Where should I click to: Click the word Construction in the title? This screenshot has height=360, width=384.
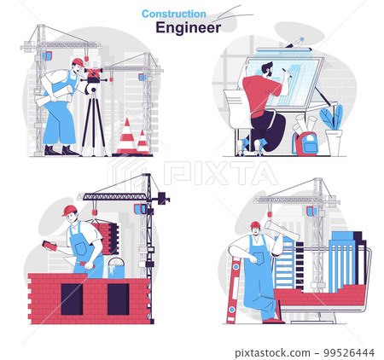[x=174, y=14]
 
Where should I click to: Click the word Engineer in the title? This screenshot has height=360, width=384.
[x=188, y=28]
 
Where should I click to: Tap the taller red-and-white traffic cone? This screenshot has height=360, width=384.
[x=127, y=136]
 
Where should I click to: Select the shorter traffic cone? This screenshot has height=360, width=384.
[x=143, y=142]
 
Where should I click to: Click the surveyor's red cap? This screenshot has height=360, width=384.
[x=79, y=62]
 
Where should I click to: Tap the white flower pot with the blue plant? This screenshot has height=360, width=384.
[x=334, y=142]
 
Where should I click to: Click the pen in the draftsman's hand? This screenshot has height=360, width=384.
[x=287, y=73]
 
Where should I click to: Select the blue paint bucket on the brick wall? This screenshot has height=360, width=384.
[x=116, y=268]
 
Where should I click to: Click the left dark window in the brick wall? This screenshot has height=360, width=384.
[x=72, y=299]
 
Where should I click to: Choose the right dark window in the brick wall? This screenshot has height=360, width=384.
[x=118, y=299]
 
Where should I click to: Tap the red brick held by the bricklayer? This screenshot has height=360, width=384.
[x=49, y=246]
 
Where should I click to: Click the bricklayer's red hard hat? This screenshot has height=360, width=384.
[x=70, y=211]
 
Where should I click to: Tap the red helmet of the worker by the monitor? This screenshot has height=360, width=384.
[x=255, y=224]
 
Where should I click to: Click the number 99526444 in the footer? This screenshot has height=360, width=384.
[x=349, y=353]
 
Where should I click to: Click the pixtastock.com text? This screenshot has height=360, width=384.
[x=272, y=353]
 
